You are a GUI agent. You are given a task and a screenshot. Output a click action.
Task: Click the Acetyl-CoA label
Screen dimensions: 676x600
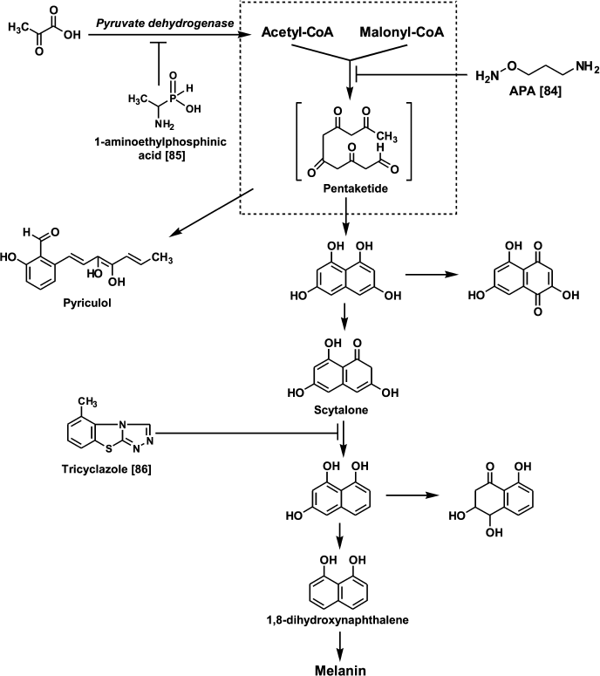(297, 34)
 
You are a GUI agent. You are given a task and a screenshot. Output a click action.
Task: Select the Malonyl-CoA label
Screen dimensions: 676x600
(400, 34)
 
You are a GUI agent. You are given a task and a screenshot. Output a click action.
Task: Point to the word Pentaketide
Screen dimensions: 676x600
(352, 186)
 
